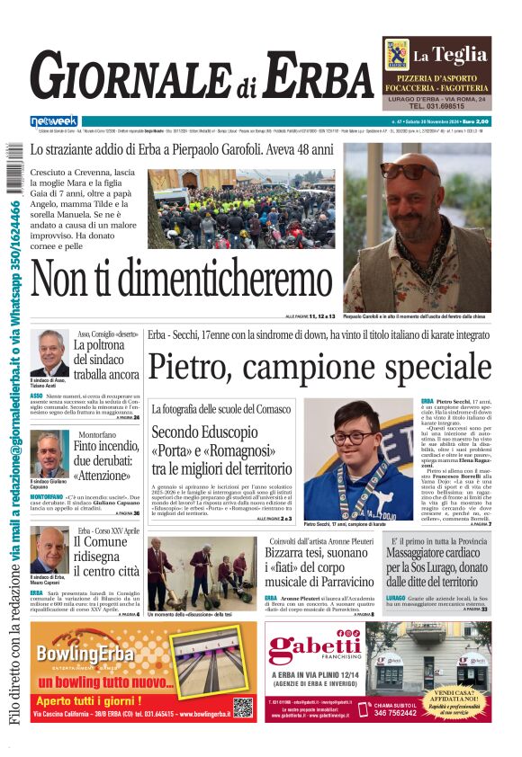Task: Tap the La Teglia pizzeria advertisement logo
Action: click(398, 55)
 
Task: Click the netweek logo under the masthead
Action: click(54, 120)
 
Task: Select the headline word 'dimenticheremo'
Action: click(195, 285)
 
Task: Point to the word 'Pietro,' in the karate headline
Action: click(192, 367)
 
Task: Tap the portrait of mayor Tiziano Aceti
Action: click(49, 353)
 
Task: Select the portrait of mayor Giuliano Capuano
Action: click(49, 453)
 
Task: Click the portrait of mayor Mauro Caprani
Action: click(49, 550)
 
